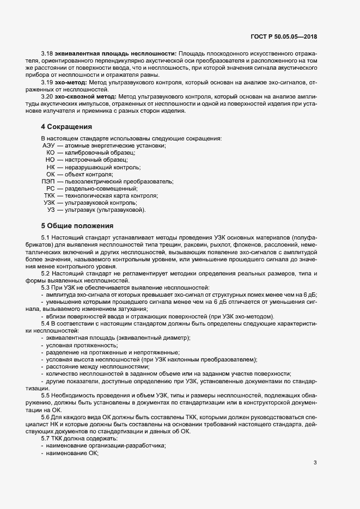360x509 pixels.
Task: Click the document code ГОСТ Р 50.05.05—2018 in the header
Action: tap(284, 36)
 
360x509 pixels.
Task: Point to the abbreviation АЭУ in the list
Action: tap(48, 146)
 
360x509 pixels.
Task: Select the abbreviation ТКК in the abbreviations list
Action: tap(49, 195)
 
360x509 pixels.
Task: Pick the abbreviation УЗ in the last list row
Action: tap(51, 210)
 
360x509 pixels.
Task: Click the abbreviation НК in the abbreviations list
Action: tap(51, 167)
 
